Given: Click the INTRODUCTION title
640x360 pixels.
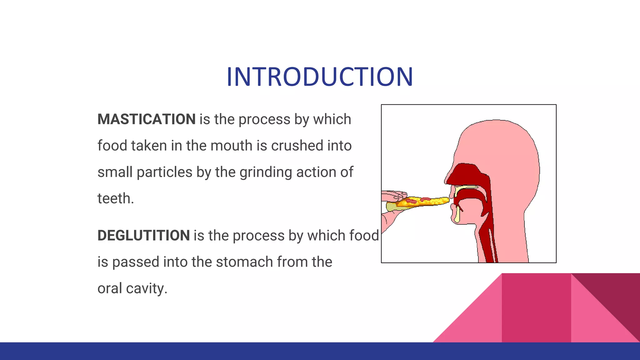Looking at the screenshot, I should click(x=320, y=77).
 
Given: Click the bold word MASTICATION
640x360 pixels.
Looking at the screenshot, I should click(x=147, y=119).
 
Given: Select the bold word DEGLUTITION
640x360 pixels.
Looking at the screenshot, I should click(x=143, y=236).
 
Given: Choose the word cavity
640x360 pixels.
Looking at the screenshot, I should click(x=147, y=288).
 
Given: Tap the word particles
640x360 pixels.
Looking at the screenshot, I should click(x=164, y=172).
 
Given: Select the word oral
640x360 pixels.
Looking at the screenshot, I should click(x=110, y=288).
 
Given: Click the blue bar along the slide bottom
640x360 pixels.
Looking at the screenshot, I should click(x=320, y=351).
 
